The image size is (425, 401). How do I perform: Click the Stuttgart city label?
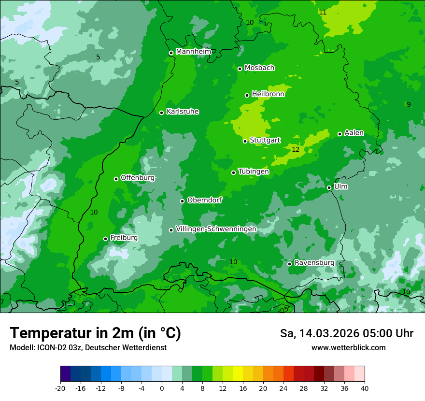tap(265, 140)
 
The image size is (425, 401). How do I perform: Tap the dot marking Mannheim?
tap(171, 53)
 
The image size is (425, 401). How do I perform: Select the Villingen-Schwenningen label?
tap(216, 229)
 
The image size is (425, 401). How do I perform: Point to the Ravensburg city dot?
tap(289, 264)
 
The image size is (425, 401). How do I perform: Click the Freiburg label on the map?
tap(124, 238)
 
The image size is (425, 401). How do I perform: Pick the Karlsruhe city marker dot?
tap(161, 113)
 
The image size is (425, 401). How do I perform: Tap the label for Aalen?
tap(354, 133)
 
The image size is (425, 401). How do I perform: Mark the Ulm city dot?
tap(329, 187)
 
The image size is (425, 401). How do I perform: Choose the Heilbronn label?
tap(268, 94)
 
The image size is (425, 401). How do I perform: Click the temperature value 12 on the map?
tap(296, 150)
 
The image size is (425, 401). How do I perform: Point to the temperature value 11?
tap(323, 12)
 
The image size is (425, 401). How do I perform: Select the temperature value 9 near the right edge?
tap(409, 104)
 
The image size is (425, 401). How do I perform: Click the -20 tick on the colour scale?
tap(60, 388)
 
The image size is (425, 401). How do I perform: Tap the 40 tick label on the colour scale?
tap(365, 388)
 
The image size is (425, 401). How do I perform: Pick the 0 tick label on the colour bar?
tap(162, 388)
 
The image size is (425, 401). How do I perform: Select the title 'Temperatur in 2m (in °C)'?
tap(95, 333)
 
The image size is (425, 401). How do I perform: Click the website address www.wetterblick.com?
tap(348, 347)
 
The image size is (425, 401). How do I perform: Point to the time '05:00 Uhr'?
tap(390, 333)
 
